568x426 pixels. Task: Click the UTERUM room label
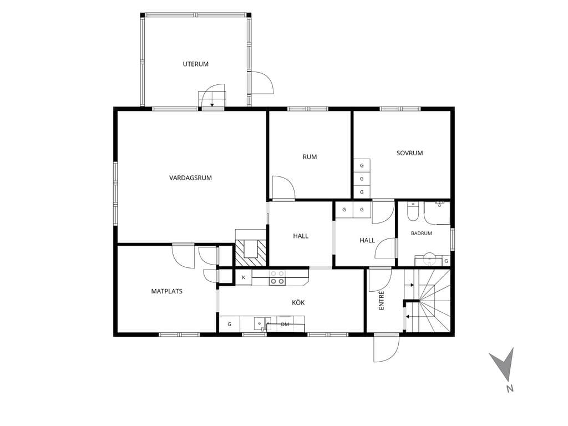coord(196,64)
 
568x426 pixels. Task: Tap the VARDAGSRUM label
coord(191,178)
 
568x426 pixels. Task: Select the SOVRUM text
coord(410,153)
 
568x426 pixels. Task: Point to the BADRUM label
coord(422,234)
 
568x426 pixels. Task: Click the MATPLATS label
coord(166,291)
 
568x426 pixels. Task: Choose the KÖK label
coord(298,302)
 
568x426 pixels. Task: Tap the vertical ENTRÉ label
coord(382,301)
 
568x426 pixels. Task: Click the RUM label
coord(310,157)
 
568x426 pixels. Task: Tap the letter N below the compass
coord(510,389)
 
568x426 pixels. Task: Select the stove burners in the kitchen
coord(277,277)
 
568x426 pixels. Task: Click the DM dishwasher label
coord(285,324)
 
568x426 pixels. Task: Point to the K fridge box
coord(244,277)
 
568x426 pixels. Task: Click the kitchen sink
coord(260,323)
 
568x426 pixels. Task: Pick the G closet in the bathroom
coord(447,261)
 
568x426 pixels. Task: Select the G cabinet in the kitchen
coord(229,324)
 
